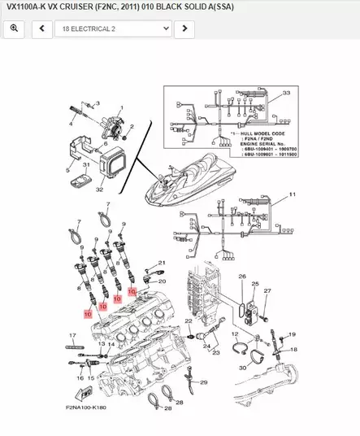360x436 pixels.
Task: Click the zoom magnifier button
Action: coord(14,28)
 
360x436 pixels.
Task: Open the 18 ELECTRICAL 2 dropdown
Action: coord(113,28)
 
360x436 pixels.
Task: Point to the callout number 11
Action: coord(293,195)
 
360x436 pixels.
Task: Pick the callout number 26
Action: coord(241,277)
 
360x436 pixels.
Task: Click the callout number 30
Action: coord(242,367)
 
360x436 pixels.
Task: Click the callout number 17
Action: coord(72,335)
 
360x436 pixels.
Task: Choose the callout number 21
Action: coord(161,262)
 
